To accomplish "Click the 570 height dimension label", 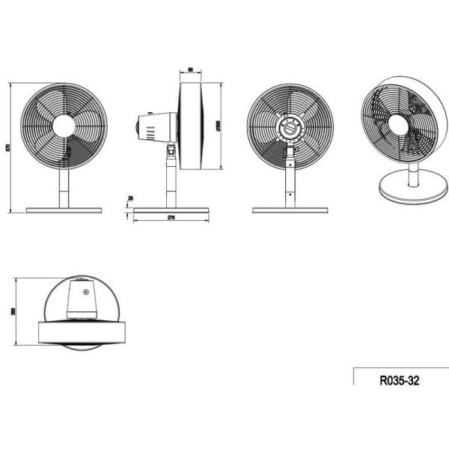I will click(8, 146).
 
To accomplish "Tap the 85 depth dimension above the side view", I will click(191, 70).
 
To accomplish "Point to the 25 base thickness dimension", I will click(131, 198).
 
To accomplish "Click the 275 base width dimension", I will click(171, 218).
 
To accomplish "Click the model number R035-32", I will click(400, 379).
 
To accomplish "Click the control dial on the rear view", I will click(290, 128).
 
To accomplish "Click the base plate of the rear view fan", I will click(289, 210).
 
